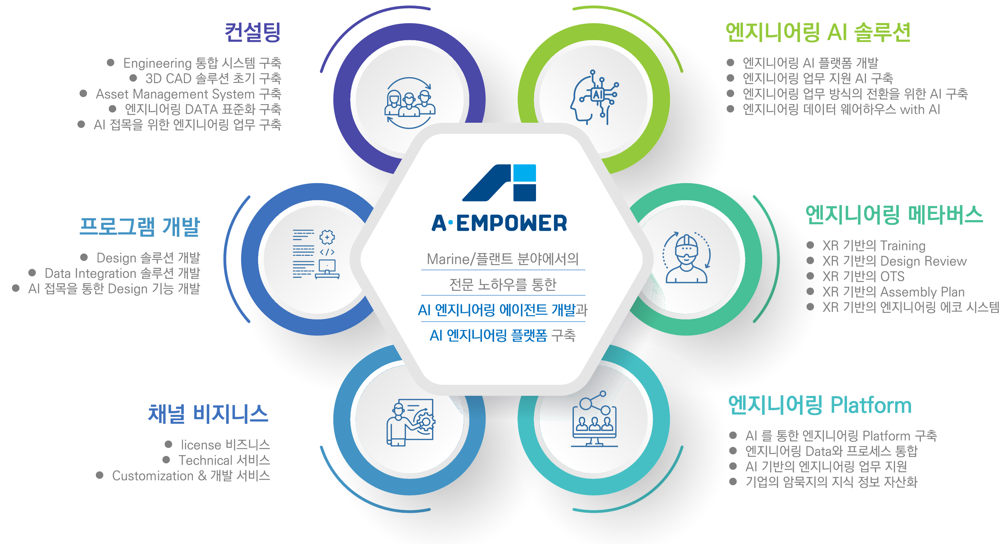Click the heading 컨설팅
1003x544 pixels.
coord(253,32)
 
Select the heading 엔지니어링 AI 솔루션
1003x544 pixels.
coord(818,32)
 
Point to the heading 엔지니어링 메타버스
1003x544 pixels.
coord(894,215)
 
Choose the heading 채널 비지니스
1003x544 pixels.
coord(208,414)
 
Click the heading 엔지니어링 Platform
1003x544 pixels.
coord(820,405)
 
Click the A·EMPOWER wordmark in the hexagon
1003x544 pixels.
coord(499,223)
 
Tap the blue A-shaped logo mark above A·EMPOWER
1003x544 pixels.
coord(499,183)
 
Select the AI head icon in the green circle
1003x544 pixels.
coord(594,97)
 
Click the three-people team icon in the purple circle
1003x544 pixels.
coord(409,103)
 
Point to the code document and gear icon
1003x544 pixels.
coord(316,254)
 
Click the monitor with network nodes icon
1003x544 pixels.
coord(594,419)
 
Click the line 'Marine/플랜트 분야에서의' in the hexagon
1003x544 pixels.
coord(503,259)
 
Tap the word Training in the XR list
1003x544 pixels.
coord(903,246)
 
